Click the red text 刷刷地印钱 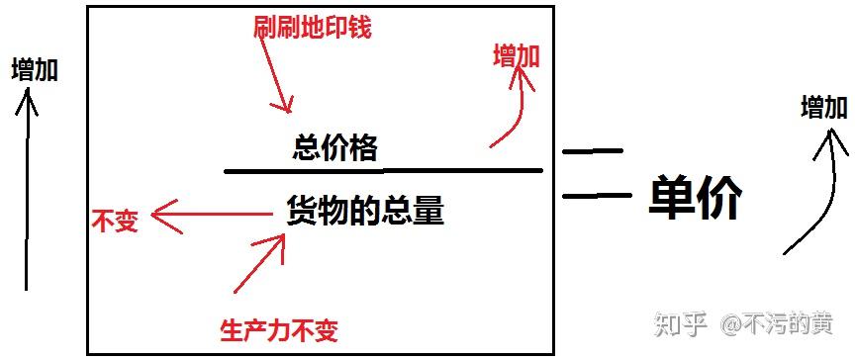(312, 27)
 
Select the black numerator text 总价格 (335, 148)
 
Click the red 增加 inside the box (516, 56)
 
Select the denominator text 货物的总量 (365, 211)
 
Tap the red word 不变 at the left (114, 220)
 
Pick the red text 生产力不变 (278, 329)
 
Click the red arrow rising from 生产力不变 (260, 262)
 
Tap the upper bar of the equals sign (592, 151)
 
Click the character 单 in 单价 (672, 197)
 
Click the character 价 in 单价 (718, 197)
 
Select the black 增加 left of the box (35, 69)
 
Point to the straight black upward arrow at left (27, 188)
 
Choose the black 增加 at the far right (823, 107)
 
